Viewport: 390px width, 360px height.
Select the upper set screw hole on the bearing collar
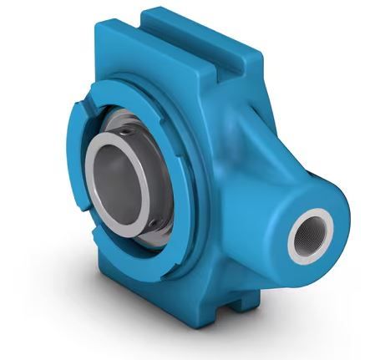click(x=127, y=132)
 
